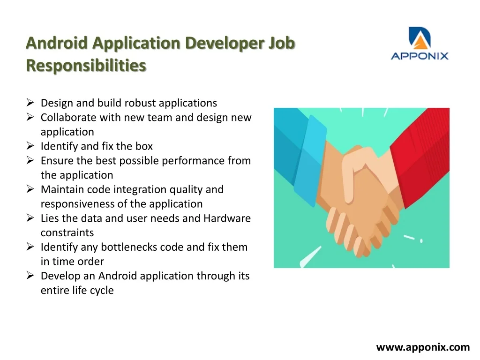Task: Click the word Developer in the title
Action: point(225,43)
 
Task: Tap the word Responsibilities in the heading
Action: point(86,66)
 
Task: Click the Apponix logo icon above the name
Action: point(420,38)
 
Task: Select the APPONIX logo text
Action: point(420,56)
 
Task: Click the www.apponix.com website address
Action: point(423,347)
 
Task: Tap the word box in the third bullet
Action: point(144,146)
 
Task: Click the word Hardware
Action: point(227,218)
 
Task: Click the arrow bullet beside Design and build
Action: point(30,103)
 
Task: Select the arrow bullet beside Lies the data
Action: point(30,217)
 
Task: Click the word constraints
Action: point(67,232)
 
